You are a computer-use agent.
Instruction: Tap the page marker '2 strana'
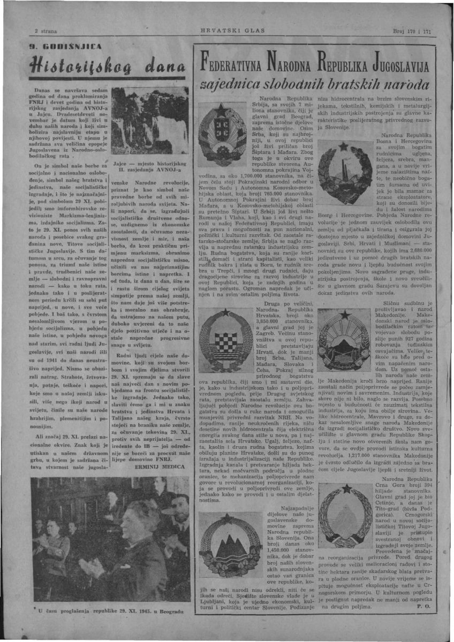click(46, 31)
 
